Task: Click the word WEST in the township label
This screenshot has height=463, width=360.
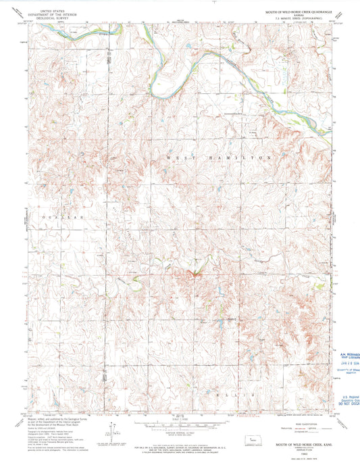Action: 176,156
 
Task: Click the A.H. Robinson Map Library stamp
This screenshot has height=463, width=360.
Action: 347,354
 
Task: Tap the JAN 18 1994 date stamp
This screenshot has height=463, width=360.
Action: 346,361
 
